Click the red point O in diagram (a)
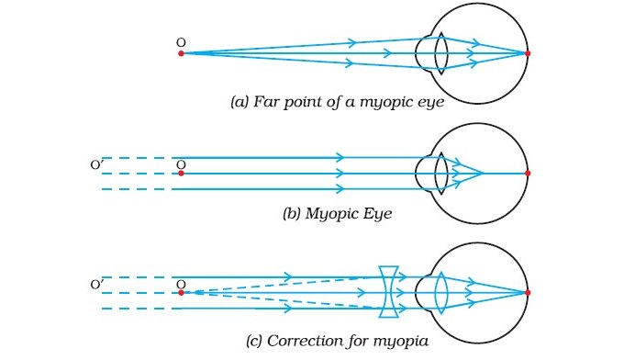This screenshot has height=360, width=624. pyautogui.click(x=181, y=53)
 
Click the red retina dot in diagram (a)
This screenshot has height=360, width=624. pyautogui.click(x=528, y=53)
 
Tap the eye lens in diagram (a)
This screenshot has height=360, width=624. pyautogui.click(x=440, y=53)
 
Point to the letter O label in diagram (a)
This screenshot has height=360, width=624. pyautogui.click(x=180, y=41)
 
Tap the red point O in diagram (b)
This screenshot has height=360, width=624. pyautogui.click(x=181, y=173)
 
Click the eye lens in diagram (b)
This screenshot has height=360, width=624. pyautogui.click(x=440, y=173)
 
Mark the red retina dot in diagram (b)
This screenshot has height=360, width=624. pyautogui.click(x=528, y=173)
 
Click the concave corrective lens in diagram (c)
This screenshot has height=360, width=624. pyautogui.click(x=389, y=293)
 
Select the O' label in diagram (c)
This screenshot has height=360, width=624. pyautogui.click(x=96, y=285)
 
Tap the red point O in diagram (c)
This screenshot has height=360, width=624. pyautogui.click(x=181, y=293)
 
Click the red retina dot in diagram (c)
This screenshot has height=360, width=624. pyautogui.click(x=528, y=293)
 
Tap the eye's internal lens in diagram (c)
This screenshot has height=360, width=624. pyautogui.click(x=440, y=293)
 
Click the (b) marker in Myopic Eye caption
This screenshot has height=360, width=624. pyautogui.click(x=293, y=214)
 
